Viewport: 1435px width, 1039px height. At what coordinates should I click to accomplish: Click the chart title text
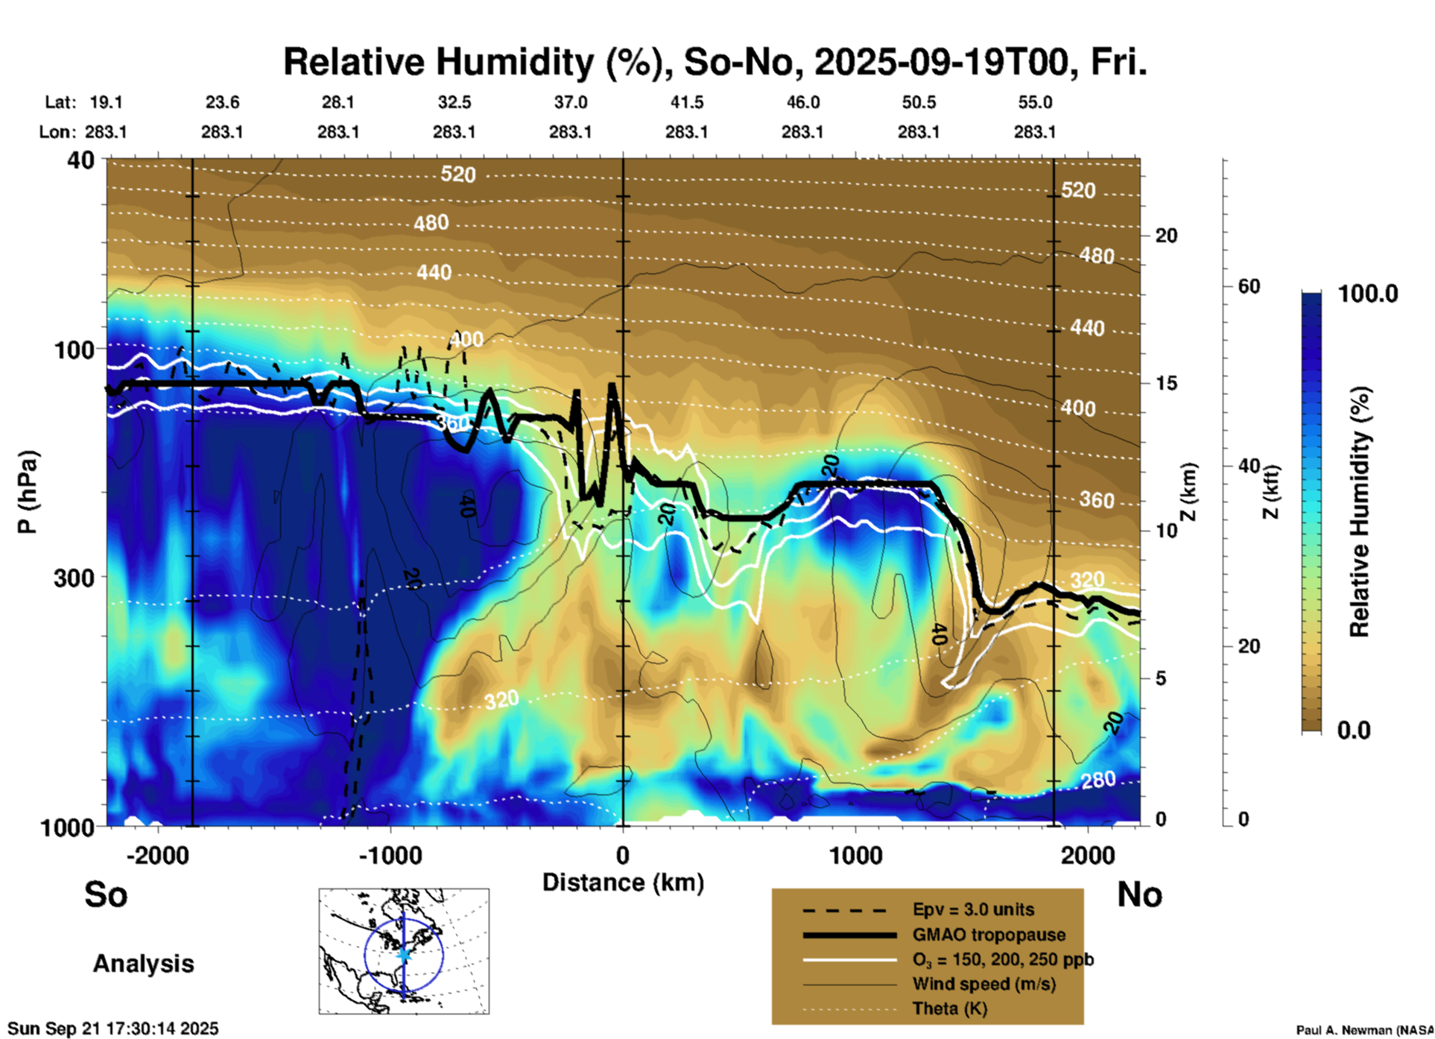[x=715, y=62]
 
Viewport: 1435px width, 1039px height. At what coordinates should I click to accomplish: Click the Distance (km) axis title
[x=623, y=882]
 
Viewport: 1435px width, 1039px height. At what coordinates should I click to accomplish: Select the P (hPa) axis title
[x=28, y=492]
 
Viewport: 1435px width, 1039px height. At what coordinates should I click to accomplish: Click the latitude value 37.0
[x=571, y=102]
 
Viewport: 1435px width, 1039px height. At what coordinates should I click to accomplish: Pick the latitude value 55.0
[x=1035, y=102]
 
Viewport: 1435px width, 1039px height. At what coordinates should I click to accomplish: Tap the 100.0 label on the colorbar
[x=1368, y=294]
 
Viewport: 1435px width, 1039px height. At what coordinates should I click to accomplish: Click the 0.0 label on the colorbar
[x=1354, y=730]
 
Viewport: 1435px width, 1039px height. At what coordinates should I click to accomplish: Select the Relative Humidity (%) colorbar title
[x=1360, y=511]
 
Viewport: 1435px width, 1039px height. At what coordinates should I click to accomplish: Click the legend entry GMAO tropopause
[x=989, y=935]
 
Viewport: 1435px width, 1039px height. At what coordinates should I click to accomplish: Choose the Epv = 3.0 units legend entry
[x=973, y=909]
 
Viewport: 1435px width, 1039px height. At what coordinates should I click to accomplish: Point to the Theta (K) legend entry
[x=949, y=1008]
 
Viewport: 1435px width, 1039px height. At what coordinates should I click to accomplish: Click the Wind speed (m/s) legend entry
[x=983, y=984]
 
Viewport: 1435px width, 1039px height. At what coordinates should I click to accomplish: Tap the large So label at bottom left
[x=106, y=894]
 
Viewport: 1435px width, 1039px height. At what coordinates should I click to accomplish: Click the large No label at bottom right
[x=1139, y=894]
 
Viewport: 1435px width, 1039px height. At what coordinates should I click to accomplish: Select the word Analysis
[x=143, y=964]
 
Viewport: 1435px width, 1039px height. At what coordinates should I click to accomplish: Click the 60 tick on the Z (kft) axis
[x=1249, y=286]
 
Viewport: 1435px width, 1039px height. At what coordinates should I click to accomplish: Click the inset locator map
[x=404, y=950]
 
